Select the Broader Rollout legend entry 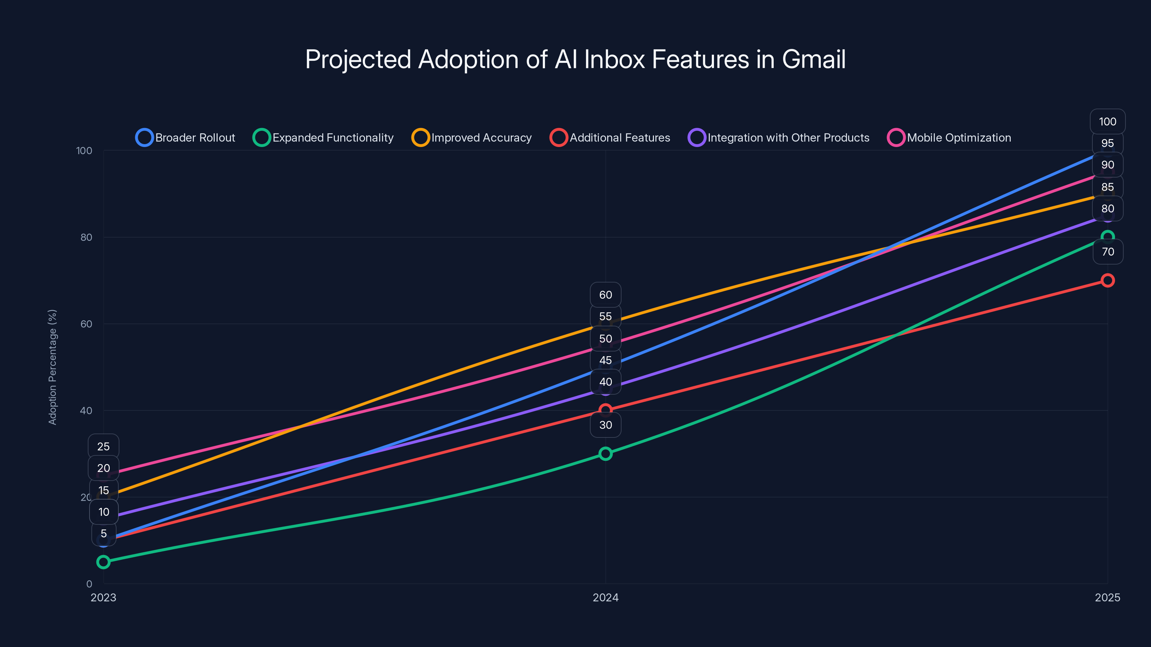click(186, 138)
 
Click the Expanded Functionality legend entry click(323, 138)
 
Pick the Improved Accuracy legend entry click(472, 138)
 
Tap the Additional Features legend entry click(610, 138)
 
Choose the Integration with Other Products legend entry click(779, 138)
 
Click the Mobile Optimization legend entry click(949, 138)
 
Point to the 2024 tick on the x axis click(605, 597)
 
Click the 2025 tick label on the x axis click(1107, 597)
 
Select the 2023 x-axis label click(103, 597)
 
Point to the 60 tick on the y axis click(86, 324)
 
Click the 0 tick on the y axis click(89, 584)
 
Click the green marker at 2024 click(605, 454)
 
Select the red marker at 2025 click(1107, 280)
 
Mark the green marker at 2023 click(103, 562)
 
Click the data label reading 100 click(1107, 121)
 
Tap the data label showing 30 click(605, 425)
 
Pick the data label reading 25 click(103, 446)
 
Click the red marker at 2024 click(605, 410)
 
